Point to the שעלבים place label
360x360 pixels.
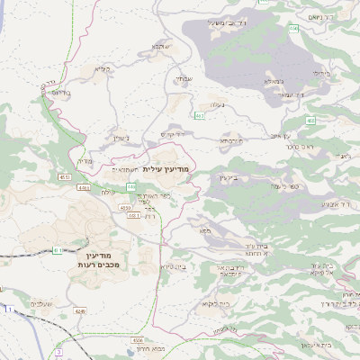42,303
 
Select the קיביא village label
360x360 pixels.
103,69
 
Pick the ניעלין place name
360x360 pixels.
122,138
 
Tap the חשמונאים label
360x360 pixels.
124,169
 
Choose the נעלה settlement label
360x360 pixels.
217,105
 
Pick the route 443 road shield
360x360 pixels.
131,186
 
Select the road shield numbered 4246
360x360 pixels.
81,311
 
